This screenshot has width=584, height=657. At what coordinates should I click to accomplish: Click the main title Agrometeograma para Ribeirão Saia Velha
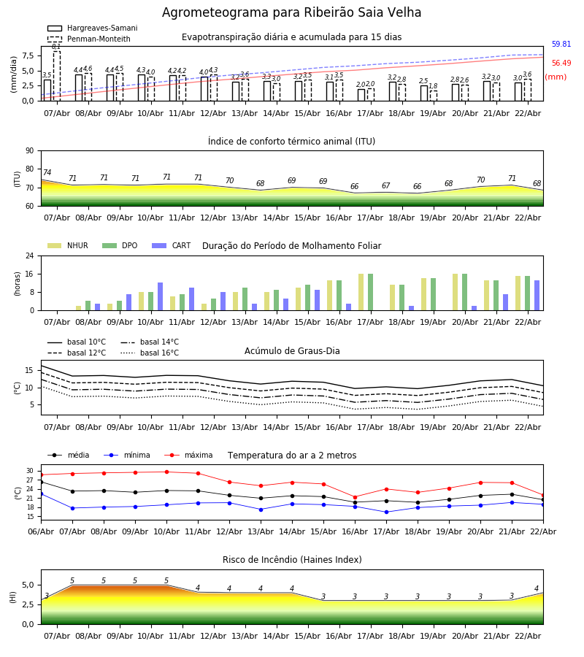pos(291,13)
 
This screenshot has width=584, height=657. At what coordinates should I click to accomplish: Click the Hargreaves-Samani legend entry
pos(92,28)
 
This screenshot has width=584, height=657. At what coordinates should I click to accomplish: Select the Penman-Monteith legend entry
pos(88,39)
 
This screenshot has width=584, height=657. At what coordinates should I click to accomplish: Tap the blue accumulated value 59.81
pos(561,45)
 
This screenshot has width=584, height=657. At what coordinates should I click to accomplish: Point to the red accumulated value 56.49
pos(561,64)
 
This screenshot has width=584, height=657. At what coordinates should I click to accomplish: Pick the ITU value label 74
pos(47,173)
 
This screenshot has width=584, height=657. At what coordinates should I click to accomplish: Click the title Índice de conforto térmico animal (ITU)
pos(291,142)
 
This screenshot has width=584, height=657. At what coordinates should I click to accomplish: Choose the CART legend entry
pos(172,246)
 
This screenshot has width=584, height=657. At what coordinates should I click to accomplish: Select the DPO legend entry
pos(121,246)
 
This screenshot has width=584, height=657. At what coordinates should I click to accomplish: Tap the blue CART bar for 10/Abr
pos(161,296)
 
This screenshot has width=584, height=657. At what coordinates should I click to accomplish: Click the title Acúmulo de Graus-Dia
pos(291,351)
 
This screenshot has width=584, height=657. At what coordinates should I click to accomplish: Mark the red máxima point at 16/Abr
pos(355,497)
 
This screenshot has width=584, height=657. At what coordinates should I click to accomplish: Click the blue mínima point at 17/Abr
pos(386,512)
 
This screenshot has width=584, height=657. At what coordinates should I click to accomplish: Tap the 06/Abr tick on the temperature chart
pos(41,531)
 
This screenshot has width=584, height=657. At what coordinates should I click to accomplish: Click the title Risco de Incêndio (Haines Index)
pos(291,560)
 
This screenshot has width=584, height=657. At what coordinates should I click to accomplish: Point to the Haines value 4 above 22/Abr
pos(537,588)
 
